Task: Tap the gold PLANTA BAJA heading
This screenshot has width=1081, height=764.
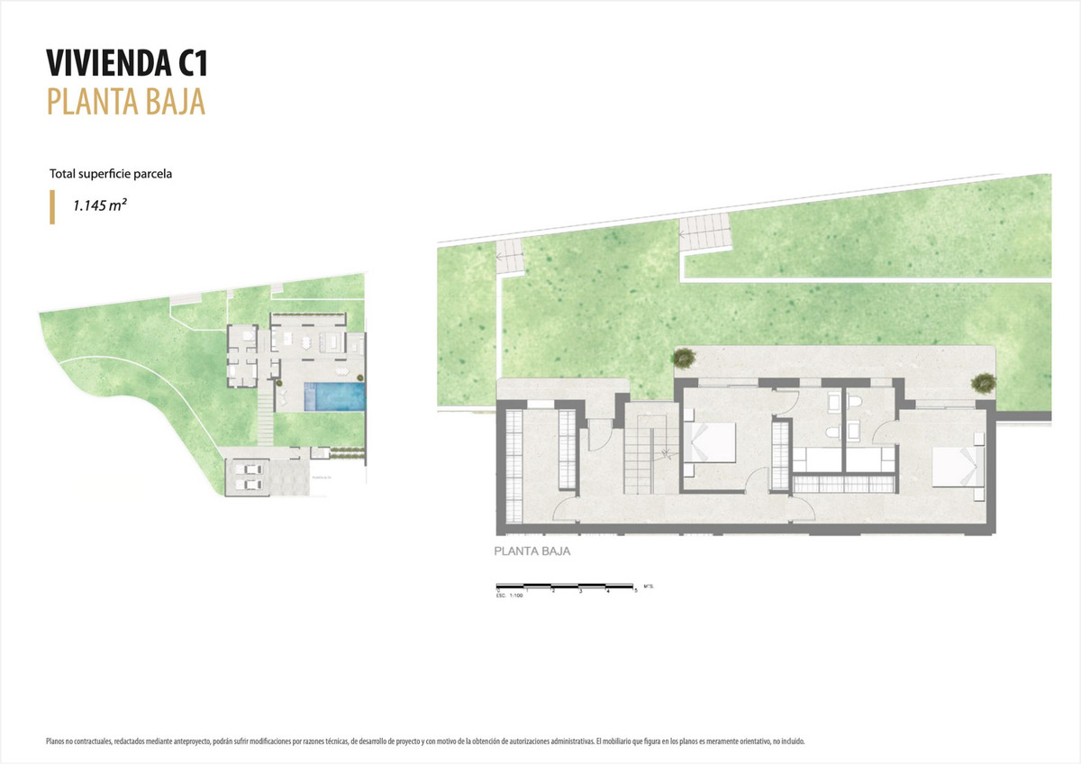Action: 126,101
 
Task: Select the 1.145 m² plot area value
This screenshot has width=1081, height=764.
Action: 99,205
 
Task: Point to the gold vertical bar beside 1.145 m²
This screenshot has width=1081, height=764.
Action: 52,206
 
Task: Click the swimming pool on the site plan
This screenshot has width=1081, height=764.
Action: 335,396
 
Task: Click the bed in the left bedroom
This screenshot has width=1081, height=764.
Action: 711,442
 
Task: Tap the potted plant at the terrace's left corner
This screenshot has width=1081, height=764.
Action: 684,358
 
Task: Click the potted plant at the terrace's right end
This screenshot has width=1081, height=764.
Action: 984,382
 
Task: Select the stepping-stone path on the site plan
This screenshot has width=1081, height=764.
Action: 265,420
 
